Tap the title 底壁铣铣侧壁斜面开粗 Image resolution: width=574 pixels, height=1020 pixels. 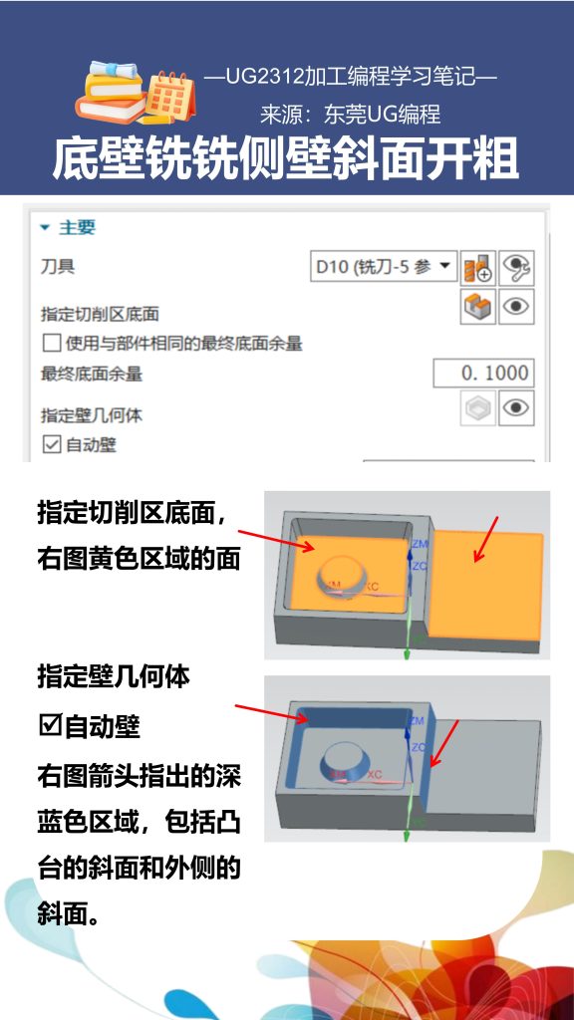tap(286, 158)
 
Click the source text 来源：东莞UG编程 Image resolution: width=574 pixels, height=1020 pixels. tap(351, 115)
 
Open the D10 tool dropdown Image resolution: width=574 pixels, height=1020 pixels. tap(385, 267)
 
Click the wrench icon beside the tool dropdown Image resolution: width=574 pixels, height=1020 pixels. tap(516, 267)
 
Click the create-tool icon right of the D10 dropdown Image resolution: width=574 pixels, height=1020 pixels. tap(478, 267)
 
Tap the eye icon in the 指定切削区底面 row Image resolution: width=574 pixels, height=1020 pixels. tap(516, 307)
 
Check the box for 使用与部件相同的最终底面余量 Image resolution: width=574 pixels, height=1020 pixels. tap(51, 345)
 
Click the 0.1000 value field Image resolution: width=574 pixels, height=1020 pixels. tap(483, 374)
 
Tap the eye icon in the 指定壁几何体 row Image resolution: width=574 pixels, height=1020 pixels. tap(516, 407)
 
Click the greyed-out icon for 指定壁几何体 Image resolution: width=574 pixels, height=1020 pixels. tap(478, 407)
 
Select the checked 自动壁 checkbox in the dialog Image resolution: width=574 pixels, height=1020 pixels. tap(51, 444)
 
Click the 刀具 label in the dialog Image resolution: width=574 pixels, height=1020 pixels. tap(58, 267)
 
